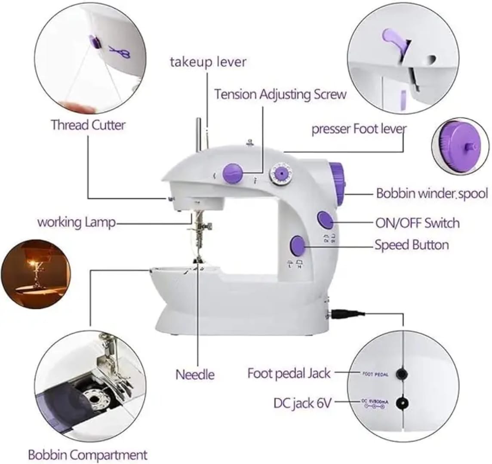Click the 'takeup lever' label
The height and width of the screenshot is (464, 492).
click(208, 62)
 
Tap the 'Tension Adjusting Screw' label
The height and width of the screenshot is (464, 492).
click(280, 94)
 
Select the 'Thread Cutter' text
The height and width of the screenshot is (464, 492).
click(88, 125)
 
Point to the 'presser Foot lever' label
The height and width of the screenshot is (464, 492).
click(359, 129)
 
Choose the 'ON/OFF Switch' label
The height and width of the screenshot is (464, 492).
click(417, 223)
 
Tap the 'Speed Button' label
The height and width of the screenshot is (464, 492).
click(412, 245)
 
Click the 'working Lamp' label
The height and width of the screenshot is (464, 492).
click(77, 223)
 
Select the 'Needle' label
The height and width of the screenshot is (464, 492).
click(195, 374)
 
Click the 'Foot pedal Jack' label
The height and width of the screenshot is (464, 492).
click(289, 373)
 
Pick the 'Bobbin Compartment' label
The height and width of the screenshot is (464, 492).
click(88, 455)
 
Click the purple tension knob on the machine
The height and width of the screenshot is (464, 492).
click(233, 173)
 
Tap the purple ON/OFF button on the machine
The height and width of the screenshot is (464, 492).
click(325, 220)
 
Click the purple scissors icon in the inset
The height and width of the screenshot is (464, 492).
click(119, 52)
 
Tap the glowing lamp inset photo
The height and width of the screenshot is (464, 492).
click(35, 274)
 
